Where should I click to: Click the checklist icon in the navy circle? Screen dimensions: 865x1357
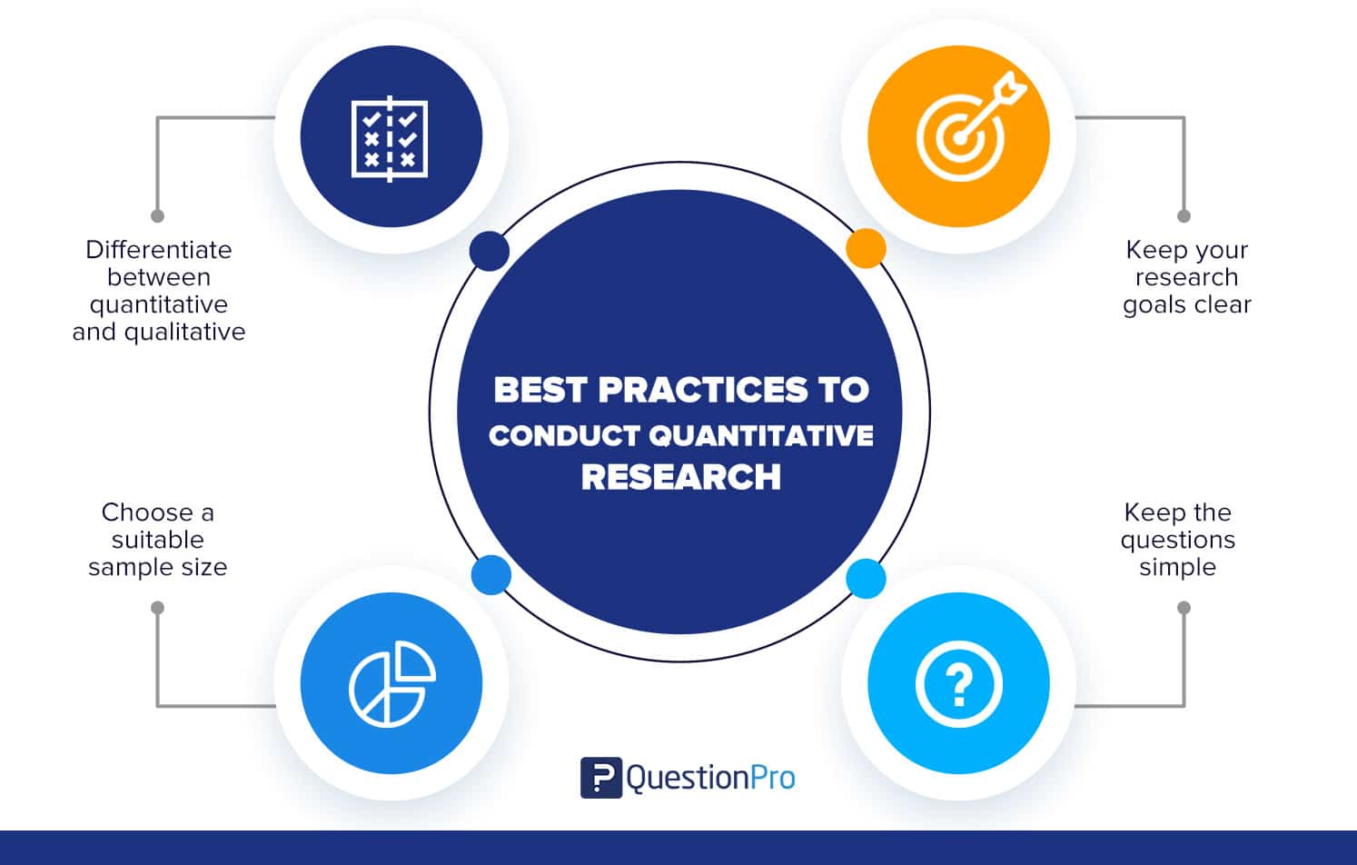click(390, 138)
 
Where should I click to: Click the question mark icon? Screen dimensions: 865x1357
click(958, 683)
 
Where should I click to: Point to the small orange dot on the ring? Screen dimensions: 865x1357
click(866, 248)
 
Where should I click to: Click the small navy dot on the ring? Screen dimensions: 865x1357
click(490, 250)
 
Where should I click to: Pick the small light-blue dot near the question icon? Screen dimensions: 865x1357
click(866, 579)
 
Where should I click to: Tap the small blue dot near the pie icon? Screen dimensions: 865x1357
click(491, 575)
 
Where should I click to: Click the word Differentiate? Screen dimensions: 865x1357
click(158, 250)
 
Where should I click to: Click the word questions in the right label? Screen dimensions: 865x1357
click(1177, 541)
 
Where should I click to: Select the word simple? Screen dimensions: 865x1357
click(1177, 567)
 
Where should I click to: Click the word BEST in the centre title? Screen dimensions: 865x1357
click(540, 391)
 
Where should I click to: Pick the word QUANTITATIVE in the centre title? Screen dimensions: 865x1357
click(761, 436)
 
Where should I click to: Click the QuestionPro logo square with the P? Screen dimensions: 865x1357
click(600, 778)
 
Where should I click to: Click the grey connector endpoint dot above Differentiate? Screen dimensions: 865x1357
click(157, 216)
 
